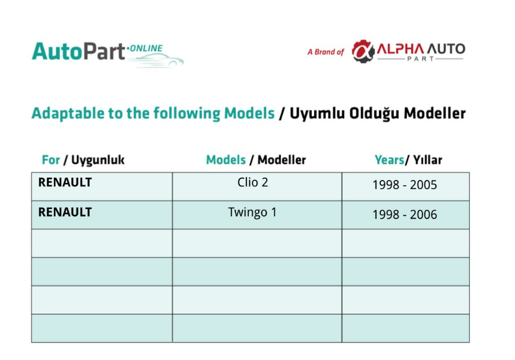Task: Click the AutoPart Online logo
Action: (x=108, y=54)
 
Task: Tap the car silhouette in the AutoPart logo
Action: (x=157, y=60)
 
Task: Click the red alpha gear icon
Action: (x=363, y=52)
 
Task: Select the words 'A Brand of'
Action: (x=325, y=52)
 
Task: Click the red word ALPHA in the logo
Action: (x=400, y=49)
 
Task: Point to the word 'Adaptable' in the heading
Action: (x=68, y=113)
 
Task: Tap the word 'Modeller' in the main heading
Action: (x=435, y=113)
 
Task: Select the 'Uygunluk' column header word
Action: (x=98, y=160)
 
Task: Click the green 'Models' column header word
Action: (x=226, y=160)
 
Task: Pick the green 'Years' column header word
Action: (x=389, y=160)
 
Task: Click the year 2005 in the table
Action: (x=424, y=185)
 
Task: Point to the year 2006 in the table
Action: (x=424, y=215)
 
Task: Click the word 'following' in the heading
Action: (x=187, y=113)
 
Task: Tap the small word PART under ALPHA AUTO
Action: (x=421, y=59)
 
